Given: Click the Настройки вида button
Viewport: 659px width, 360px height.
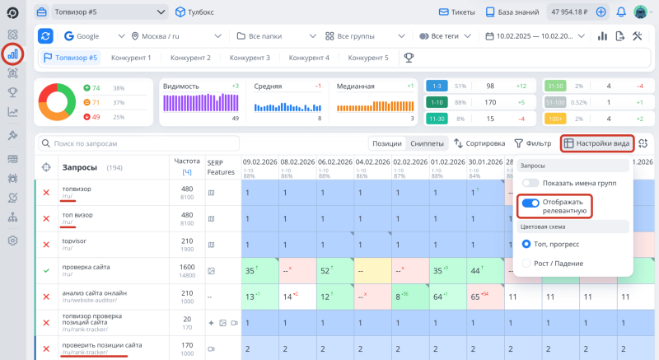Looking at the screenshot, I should tap(597, 143).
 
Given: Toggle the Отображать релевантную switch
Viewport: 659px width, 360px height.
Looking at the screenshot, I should tap(530, 203).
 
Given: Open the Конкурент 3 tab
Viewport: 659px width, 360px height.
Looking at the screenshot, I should tap(250, 58).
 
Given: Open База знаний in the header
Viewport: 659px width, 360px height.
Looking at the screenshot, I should tap(518, 12).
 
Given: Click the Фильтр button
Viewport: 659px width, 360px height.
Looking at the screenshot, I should tap(533, 143).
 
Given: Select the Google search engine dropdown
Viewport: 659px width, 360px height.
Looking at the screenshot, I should tap(86, 36).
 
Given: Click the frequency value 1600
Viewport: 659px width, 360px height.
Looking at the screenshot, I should tap(187, 267).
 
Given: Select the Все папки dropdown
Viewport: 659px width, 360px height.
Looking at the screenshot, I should tap(275, 36).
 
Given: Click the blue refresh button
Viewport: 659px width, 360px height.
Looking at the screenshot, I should tap(46, 36).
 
